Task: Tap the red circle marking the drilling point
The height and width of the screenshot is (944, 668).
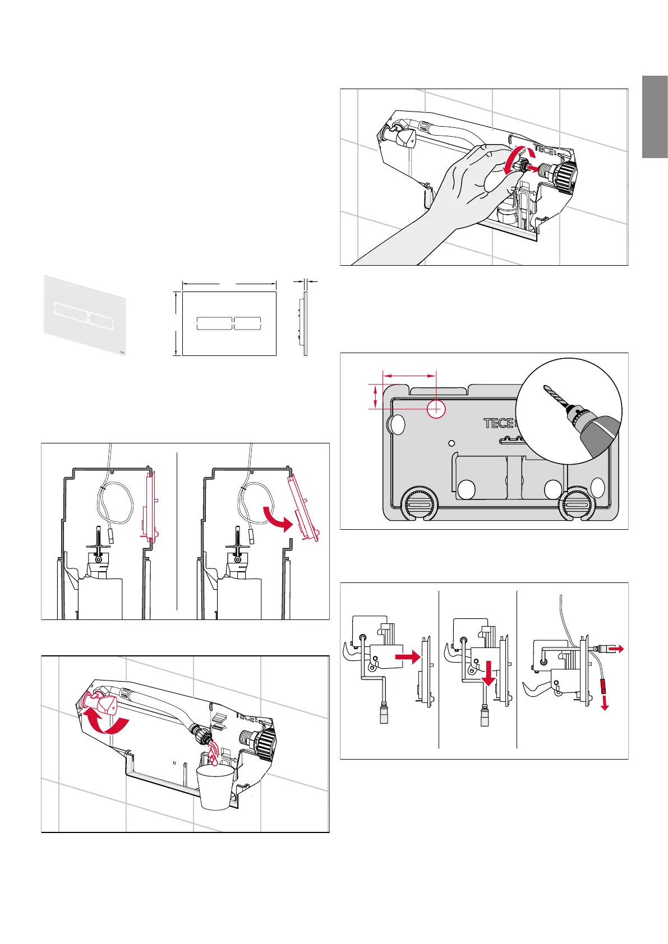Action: pos(436,409)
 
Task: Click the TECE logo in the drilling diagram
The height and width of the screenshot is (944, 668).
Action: pos(499,423)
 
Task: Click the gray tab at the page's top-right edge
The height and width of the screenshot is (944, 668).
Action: pos(655,117)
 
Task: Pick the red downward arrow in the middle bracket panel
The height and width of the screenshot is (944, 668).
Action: pos(489,673)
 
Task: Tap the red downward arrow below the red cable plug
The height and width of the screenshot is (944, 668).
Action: pos(605,703)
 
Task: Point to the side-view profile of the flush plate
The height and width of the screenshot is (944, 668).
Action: pos(305,324)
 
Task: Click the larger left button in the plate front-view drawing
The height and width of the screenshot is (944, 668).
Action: pos(214,323)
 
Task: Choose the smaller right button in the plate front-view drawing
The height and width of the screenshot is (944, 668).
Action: pos(247,323)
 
